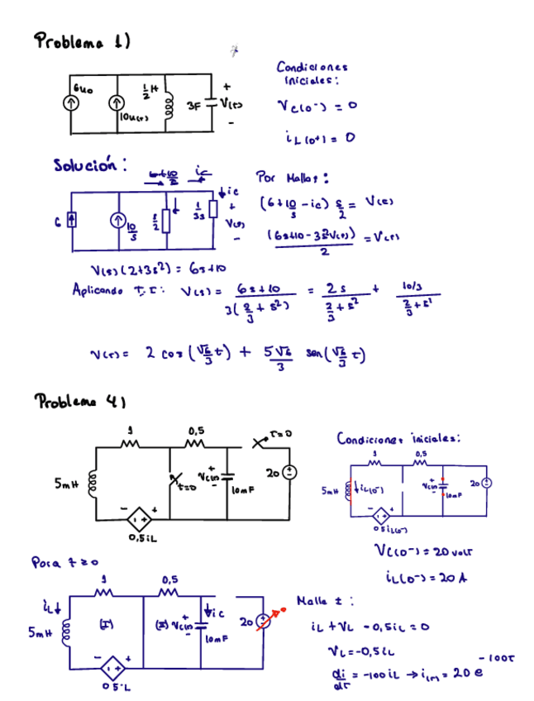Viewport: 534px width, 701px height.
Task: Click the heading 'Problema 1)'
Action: (x=83, y=41)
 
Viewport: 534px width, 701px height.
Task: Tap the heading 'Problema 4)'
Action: (x=79, y=403)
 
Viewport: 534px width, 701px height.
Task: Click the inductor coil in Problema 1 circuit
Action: (x=169, y=103)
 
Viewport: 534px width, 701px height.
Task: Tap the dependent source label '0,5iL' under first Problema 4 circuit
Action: (x=142, y=538)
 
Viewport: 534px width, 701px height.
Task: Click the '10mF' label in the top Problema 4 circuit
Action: (x=241, y=491)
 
